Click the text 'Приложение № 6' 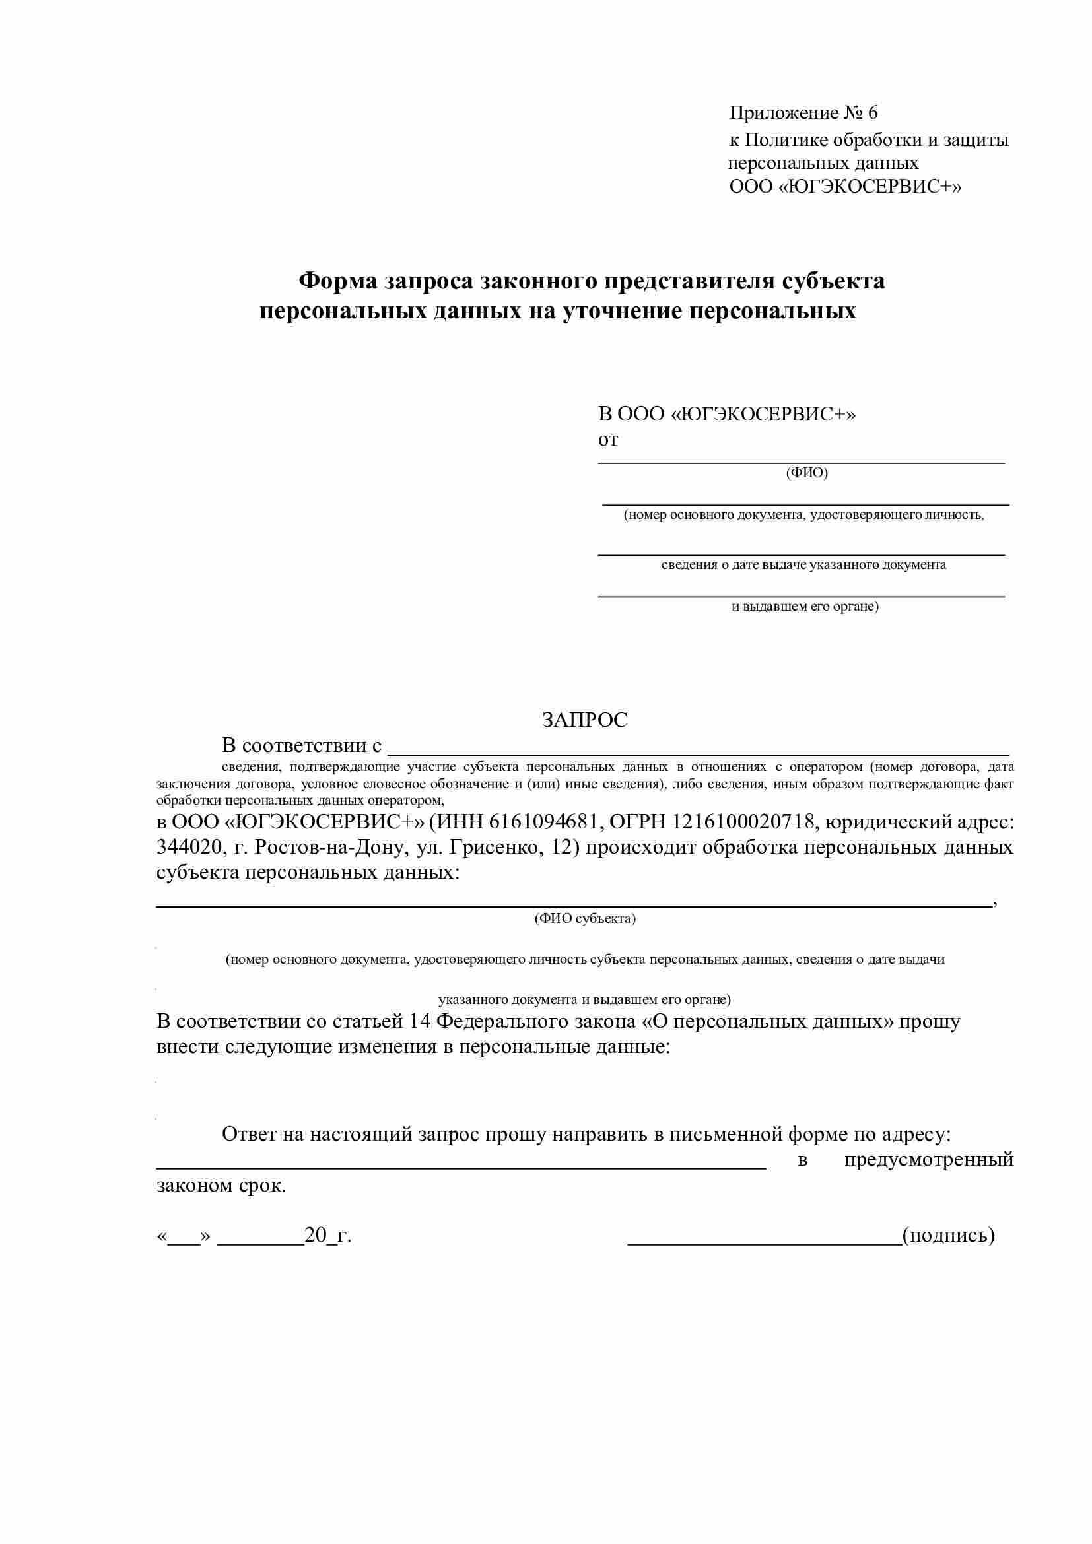(803, 113)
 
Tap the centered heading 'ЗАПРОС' (584, 720)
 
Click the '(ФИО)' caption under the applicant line (807, 473)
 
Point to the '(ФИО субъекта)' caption (585, 919)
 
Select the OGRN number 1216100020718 (742, 822)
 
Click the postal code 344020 (189, 848)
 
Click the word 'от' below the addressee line (608, 440)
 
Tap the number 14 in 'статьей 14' (420, 1021)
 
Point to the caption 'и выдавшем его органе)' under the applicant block (805, 607)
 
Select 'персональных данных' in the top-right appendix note (823, 164)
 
